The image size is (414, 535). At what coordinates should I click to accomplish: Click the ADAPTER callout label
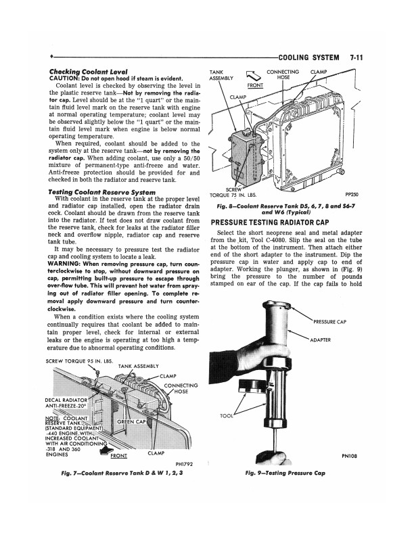(321, 340)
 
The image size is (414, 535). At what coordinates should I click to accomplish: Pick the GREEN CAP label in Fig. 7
(133, 423)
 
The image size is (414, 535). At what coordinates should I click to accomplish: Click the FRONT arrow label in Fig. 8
(255, 86)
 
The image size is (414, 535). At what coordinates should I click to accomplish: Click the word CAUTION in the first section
(66, 78)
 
